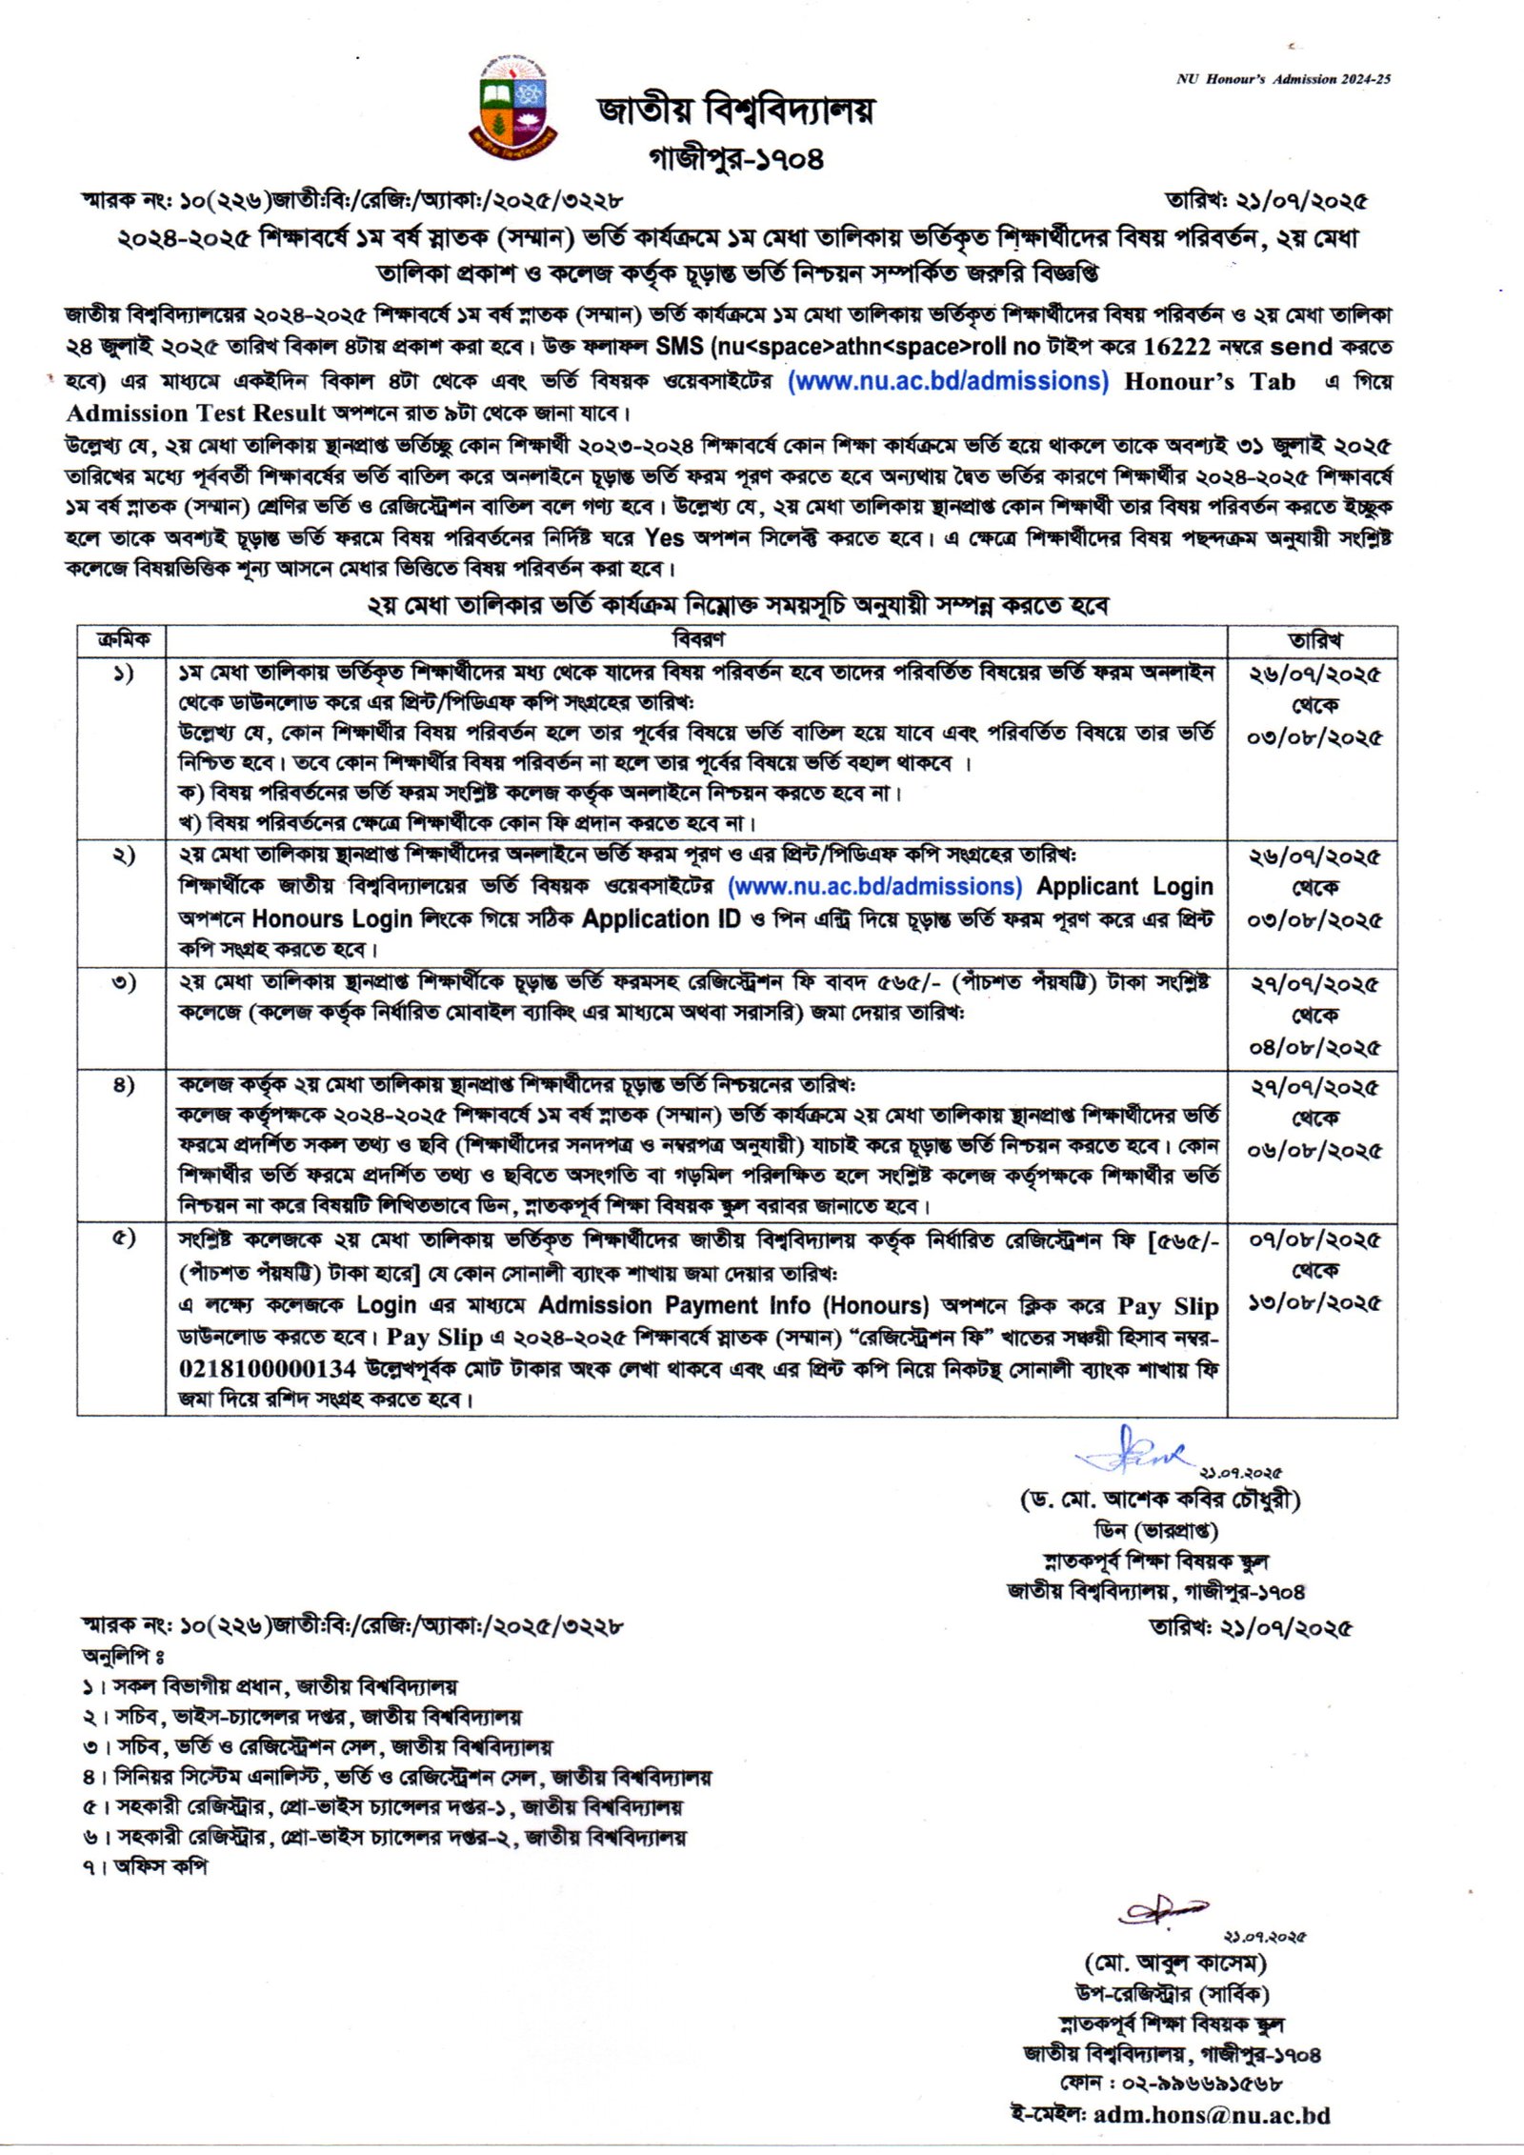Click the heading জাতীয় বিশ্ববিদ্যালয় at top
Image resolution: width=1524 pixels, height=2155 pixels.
[x=735, y=111]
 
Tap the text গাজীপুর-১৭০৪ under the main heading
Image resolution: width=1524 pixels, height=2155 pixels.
[x=735, y=157]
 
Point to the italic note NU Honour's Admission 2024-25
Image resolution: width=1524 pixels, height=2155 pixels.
[x=1283, y=79]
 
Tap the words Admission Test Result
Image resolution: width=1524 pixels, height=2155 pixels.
[x=195, y=413]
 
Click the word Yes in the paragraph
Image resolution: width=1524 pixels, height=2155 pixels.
[x=664, y=538]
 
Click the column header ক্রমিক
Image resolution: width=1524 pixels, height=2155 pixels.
[x=123, y=639]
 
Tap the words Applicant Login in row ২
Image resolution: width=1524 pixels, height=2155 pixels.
[x=1124, y=887]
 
